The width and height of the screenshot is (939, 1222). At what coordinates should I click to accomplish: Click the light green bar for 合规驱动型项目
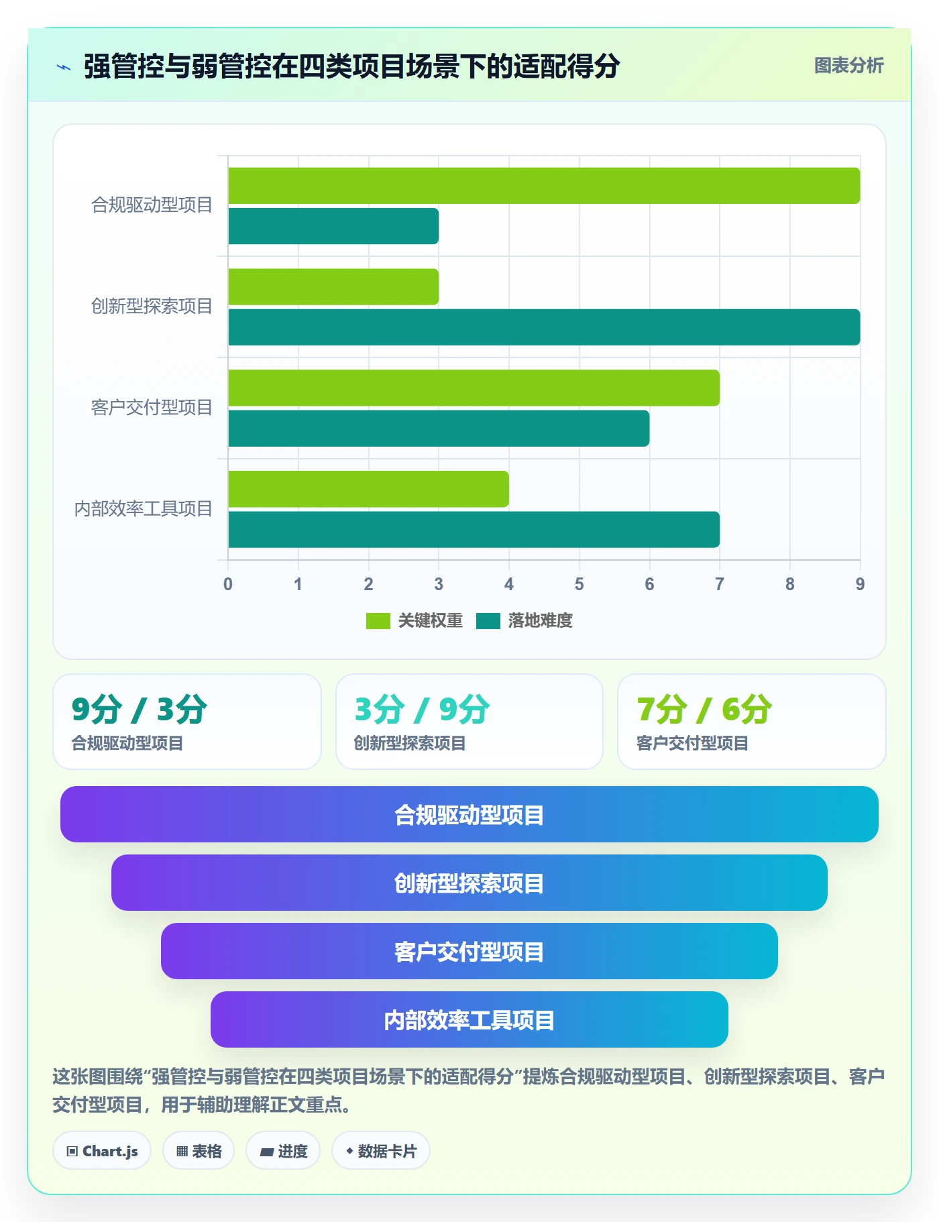(544, 186)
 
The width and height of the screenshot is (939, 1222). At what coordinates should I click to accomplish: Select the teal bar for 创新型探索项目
(544, 327)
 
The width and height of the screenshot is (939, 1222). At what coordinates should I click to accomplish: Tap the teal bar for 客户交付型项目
(439, 429)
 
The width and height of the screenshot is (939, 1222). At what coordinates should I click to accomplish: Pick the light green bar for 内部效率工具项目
(368, 489)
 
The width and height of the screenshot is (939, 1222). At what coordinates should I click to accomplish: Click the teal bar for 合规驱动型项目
(333, 226)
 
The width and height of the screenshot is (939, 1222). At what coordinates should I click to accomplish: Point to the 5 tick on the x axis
(579, 584)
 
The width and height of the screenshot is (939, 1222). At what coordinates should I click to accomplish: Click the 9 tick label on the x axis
(860, 584)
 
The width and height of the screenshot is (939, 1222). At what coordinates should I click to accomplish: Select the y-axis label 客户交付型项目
(152, 408)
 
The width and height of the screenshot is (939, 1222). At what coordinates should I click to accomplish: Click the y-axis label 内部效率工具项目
(143, 509)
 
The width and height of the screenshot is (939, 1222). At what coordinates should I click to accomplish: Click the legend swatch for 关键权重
(378, 621)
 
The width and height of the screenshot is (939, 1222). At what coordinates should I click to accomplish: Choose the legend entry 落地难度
(524, 621)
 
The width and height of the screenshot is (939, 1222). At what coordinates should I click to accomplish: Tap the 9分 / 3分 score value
(140, 710)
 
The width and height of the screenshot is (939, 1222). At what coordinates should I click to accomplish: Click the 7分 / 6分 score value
(704, 710)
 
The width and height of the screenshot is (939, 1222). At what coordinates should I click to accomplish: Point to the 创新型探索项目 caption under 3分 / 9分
(410, 743)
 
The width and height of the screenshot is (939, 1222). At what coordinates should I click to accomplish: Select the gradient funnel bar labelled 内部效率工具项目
(469, 1019)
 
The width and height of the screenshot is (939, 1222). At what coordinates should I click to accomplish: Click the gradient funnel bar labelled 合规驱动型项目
(469, 814)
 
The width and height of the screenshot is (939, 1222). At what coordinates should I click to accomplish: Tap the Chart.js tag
(102, 1151)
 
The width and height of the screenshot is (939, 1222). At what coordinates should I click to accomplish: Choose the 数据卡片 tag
(381, 1151)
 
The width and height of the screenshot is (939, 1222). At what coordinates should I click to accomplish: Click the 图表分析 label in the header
(848, 66)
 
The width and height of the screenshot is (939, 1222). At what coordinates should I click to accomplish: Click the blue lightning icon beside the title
(64, 67)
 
